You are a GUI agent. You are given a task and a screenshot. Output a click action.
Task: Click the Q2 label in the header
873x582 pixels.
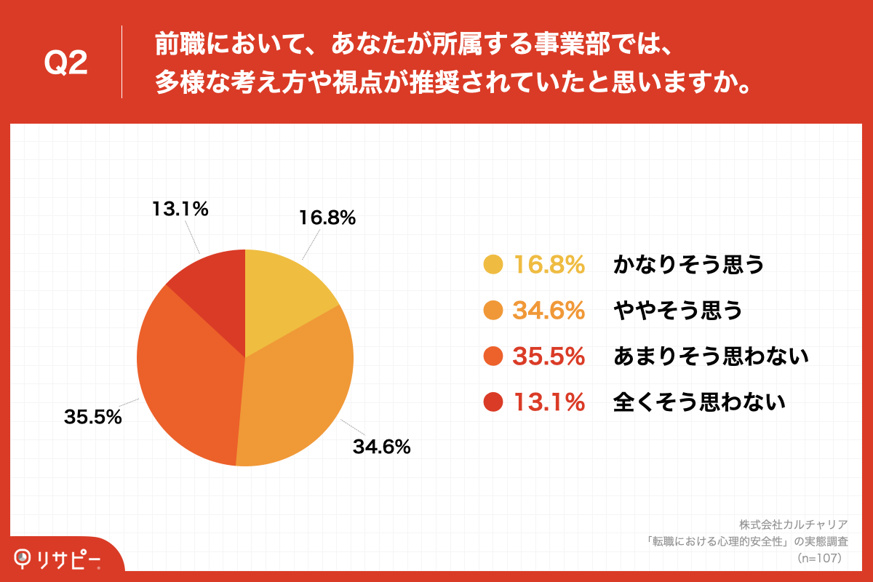(66, 64)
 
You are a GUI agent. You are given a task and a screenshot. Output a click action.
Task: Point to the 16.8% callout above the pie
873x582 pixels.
(327, 218)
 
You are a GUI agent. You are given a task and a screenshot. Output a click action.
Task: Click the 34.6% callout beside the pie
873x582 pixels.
(382, 447)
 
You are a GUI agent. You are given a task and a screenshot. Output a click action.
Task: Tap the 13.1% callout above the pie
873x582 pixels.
(180, 210)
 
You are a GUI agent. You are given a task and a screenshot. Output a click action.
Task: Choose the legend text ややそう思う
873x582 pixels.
(678, 311)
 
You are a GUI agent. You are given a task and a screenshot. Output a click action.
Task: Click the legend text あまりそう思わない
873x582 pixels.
(711, 356)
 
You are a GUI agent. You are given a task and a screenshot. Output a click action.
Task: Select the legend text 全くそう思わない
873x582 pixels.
(700, 402)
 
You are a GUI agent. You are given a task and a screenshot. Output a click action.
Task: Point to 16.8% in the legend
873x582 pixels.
(549, 266)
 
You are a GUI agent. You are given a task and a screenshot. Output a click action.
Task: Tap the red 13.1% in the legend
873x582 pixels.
(549, 402)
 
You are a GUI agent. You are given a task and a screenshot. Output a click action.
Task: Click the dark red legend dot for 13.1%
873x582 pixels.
(493, 402)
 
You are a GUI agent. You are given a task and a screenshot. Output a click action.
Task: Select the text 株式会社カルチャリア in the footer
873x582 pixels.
(793, 525)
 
